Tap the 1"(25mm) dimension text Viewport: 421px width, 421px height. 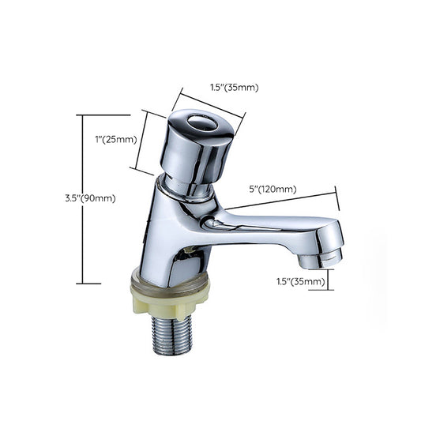tap(115, 140)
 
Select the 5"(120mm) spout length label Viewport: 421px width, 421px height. tap(273, 189)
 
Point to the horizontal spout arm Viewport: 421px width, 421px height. tap(269, 229)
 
